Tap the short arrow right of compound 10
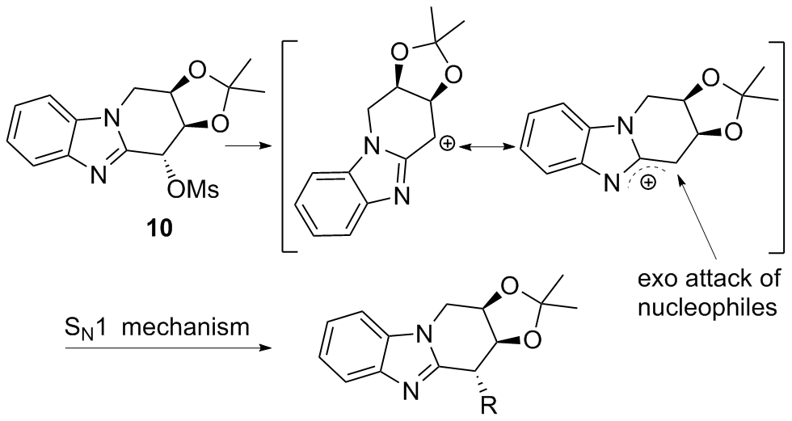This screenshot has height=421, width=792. pos(242,147)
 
